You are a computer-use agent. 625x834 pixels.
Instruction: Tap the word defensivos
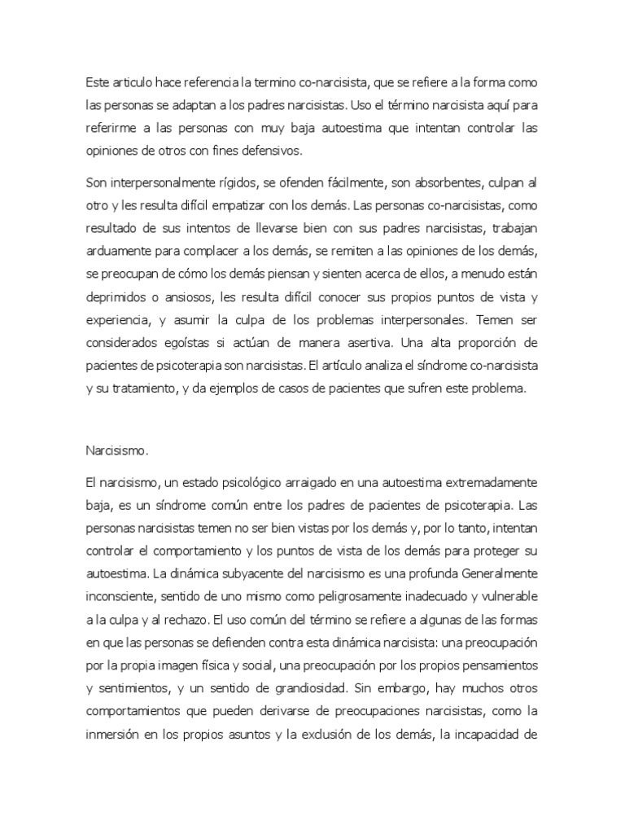(293, 151)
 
